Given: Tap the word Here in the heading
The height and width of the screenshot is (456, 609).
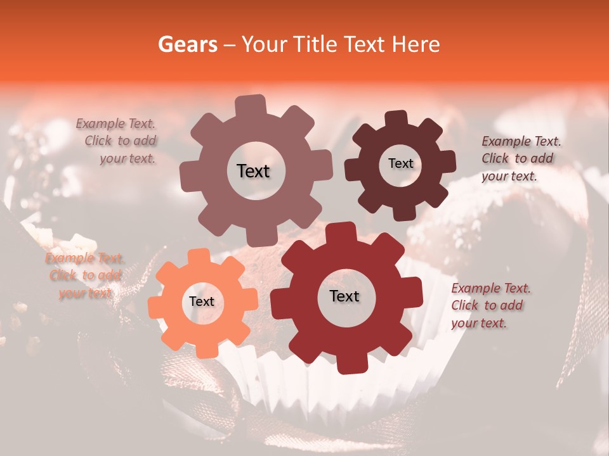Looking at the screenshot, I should [x=416, y=44].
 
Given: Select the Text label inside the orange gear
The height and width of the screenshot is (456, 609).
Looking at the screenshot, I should [x=202, y=301].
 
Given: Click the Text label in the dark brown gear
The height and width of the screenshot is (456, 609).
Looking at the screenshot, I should [x=400, y=163].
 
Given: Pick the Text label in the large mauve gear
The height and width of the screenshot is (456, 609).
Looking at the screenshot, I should [x=254, y=171].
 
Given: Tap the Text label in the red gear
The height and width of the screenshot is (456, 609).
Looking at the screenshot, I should [x=344, y=296].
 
